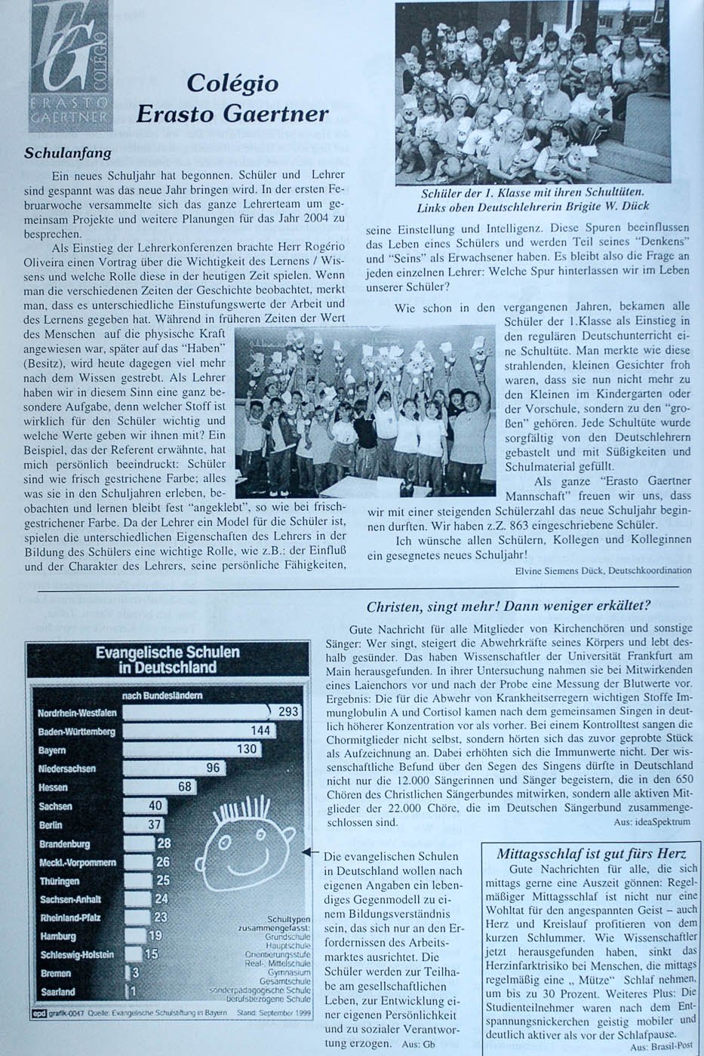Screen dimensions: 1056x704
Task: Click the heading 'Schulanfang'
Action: tap(68, 153)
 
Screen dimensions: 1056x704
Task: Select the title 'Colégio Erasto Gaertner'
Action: tap(232, 98)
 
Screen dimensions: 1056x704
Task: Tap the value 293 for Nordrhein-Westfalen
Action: tap(288, 711)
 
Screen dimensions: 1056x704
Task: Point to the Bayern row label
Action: tap(52, 750)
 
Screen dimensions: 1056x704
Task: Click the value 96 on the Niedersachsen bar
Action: tap(213, 768)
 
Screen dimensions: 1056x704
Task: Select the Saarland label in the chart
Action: tap(57, 992)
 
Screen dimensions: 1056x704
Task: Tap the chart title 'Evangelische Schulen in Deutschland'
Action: tap(168, 659)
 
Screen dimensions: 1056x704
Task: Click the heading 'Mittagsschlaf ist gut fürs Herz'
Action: tap(591, 854)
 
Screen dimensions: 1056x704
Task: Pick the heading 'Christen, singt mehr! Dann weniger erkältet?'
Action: tap(509, 606)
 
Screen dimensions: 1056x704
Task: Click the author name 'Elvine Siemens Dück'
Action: tap(558, 570)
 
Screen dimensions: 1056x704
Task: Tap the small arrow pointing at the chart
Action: tap(306, 852)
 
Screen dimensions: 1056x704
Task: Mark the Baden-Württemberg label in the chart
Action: tap(77, 731)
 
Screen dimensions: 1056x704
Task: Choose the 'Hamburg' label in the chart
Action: tap(58, 936)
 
